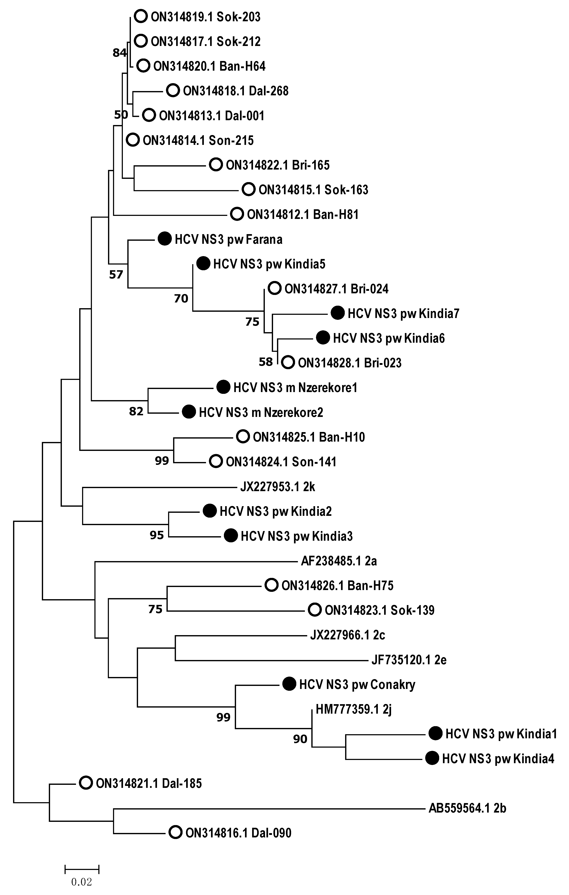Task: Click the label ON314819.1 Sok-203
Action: (205, 17)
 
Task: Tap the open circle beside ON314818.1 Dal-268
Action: (173, 91)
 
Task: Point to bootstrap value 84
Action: (119, 53)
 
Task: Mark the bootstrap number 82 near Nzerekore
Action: (136, 411)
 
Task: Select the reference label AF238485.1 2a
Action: (339, 561)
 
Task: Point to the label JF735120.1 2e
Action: (409, 660)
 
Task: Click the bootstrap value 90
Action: (300, 739)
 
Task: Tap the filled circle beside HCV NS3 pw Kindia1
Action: (435, 734)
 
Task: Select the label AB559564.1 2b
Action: (467, 808)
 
